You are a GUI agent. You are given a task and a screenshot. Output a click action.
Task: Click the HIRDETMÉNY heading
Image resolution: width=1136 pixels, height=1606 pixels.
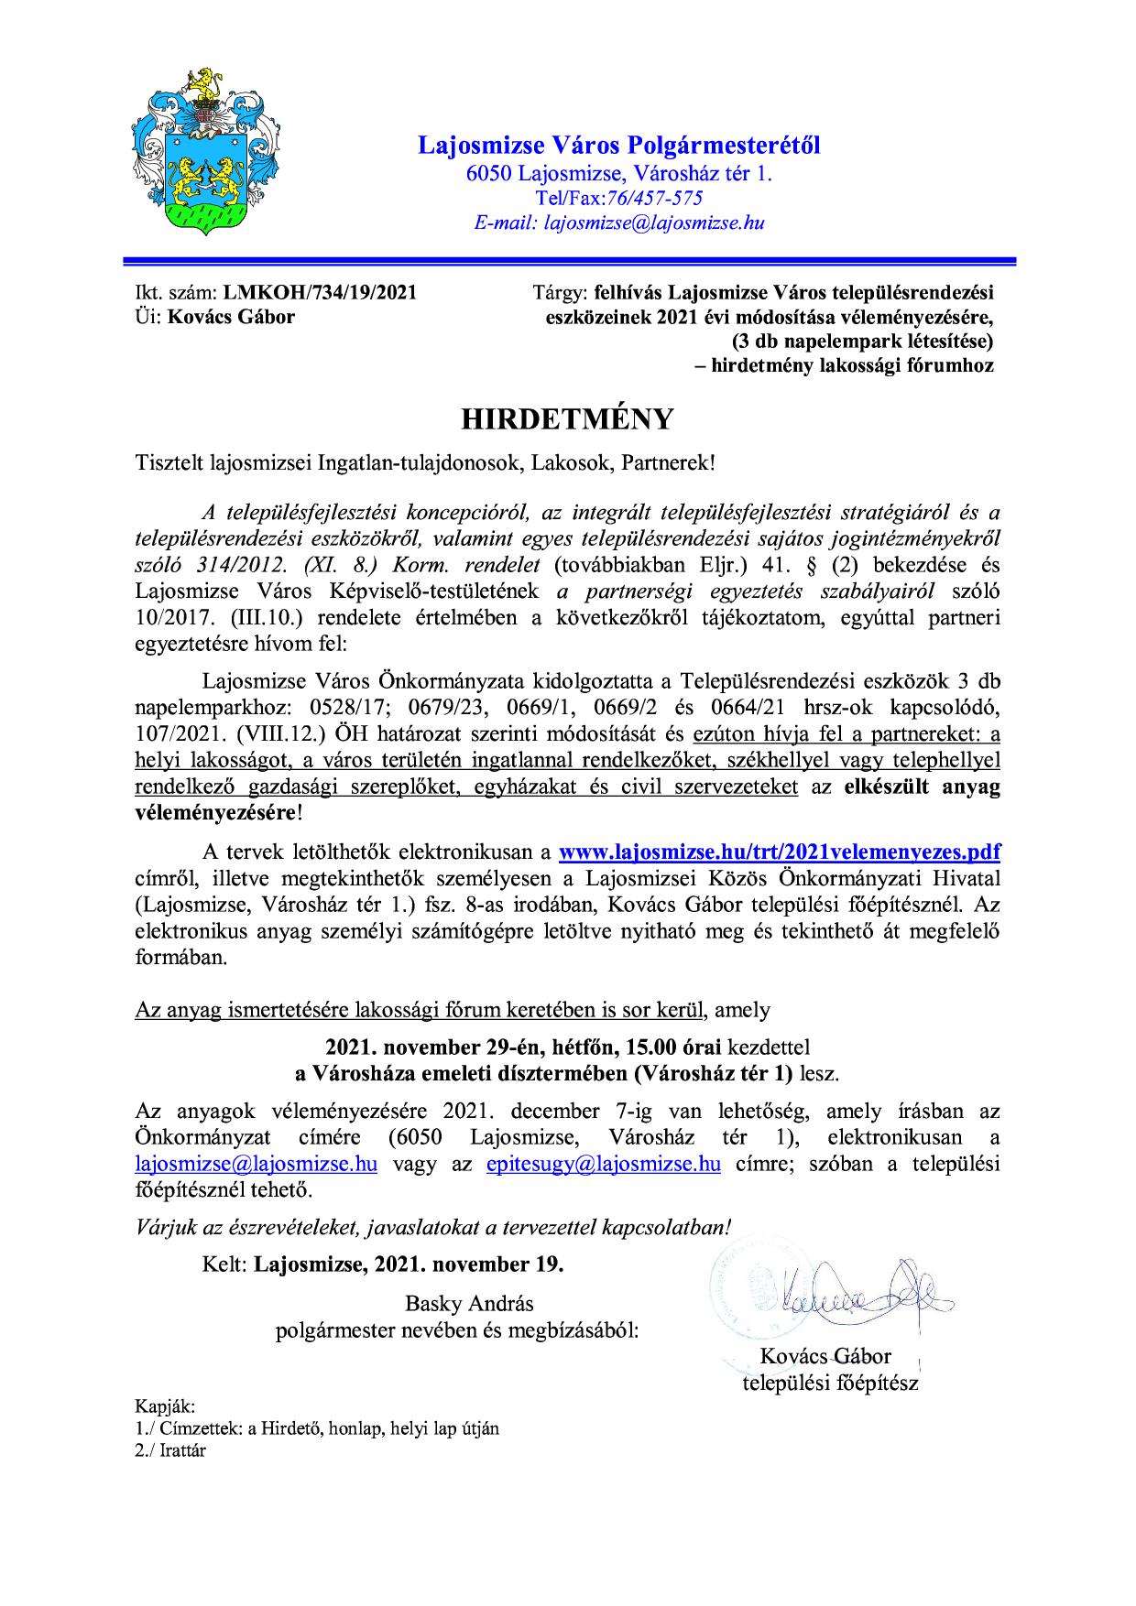pos(566,418)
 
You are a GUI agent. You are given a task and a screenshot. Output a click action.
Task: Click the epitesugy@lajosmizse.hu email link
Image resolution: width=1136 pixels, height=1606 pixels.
pos(602,1165)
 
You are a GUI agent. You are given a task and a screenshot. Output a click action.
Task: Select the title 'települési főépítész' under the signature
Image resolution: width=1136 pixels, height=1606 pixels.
pos(829,1383)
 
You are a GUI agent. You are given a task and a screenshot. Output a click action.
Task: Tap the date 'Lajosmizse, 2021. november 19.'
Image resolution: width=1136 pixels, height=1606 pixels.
pos(409,1264)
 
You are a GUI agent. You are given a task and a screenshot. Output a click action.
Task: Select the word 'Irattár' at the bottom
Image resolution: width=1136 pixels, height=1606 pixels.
pos(180,1451)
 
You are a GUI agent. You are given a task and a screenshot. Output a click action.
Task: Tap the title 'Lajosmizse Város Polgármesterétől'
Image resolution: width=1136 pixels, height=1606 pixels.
pos(619,145)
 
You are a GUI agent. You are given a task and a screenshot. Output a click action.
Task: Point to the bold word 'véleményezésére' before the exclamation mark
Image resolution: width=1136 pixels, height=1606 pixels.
pos(215,812)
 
